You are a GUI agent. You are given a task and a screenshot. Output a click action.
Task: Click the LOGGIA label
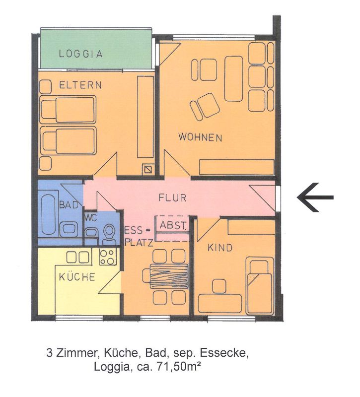81,54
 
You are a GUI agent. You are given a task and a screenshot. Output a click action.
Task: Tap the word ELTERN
80,85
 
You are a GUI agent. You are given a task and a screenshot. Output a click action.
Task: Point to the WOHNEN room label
201,137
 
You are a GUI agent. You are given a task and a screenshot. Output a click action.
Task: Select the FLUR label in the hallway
172,198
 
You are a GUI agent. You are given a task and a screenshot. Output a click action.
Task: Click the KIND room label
220,248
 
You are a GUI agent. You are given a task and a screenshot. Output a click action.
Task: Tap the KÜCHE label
77,277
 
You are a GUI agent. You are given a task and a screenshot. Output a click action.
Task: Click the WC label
91,217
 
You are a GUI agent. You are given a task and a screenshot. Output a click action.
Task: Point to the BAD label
69,205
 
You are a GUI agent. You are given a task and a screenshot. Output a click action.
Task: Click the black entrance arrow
315,197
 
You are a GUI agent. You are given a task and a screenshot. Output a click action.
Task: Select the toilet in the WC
109,234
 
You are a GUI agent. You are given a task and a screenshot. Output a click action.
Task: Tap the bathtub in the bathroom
48,215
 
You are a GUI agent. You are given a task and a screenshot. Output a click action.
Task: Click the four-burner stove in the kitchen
108,257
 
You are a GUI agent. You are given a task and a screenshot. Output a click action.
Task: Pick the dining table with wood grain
169,277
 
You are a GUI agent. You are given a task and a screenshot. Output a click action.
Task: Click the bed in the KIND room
260,286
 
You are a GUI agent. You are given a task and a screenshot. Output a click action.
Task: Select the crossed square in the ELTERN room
147,169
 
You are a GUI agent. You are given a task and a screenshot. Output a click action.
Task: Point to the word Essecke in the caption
223,353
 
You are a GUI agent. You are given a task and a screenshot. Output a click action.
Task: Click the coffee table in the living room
233,79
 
